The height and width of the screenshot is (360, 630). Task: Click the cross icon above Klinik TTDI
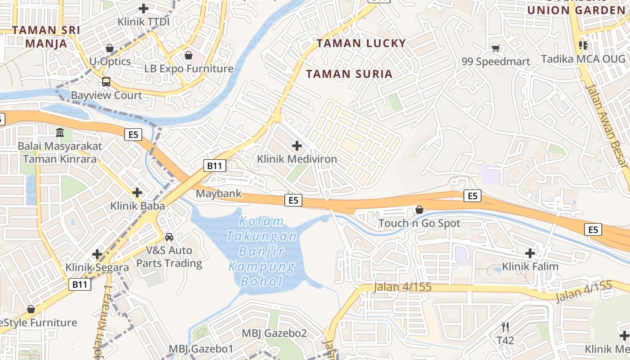pos(144,8)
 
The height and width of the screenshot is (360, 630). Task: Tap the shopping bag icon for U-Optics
pos(109,48)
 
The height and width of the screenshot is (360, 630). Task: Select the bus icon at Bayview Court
pos(106,82)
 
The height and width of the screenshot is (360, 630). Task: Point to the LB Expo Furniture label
pos(189,69)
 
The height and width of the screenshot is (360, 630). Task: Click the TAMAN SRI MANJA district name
pos(46,37)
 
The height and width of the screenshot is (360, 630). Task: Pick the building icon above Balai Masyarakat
pos(59,133)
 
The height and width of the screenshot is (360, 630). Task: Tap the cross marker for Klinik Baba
pos(137,193)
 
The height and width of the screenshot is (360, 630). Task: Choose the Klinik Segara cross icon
pos(97,254)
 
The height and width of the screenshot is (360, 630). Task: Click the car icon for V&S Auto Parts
pos(169,237)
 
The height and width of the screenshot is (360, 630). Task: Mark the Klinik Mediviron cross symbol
pos(297,146)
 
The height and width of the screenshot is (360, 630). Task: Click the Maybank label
pos(219,194)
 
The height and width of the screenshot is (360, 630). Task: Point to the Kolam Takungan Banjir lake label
pos(262,252)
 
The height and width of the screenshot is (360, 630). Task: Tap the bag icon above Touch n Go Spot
pos(419,210)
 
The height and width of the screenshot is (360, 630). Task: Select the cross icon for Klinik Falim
pos(530,253)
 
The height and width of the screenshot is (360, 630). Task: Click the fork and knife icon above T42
pos(505,327)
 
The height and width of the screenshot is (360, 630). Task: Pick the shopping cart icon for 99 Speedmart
pos(495,48)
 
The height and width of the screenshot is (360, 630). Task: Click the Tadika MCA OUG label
pos(583,59)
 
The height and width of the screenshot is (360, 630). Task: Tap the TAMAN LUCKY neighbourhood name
pos(361,43)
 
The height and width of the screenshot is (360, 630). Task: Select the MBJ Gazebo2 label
pos(274,333)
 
